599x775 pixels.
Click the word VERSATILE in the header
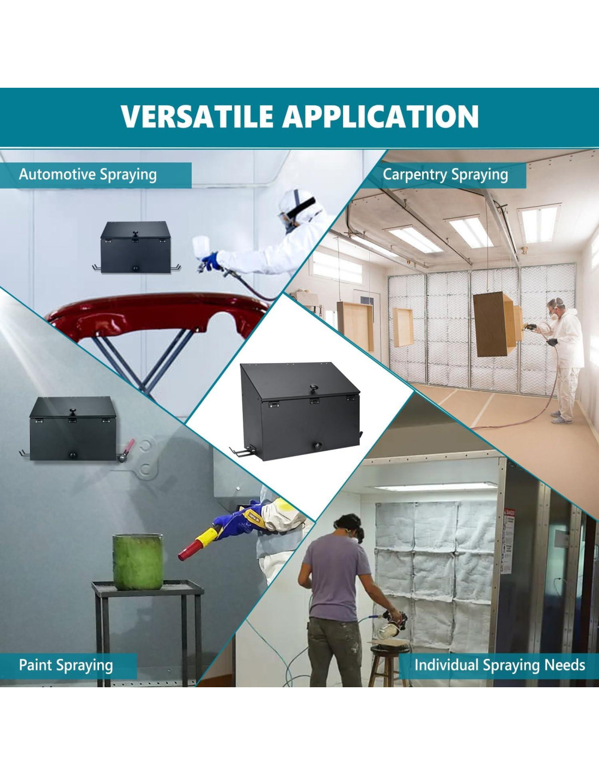click(x=197, y=116)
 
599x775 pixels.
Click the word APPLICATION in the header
click(x=381, y=116)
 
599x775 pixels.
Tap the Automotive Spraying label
click(x=88, y=175)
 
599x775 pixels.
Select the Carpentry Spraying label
click(x=445, y=175)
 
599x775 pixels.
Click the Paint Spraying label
click(x=66, y=665)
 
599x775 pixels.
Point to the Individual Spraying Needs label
click(x=499, y=665)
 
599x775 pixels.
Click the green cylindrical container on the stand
click(x=138, y=562)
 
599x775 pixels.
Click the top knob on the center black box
click(x=314, y=388)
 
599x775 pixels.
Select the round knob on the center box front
click(x=317, y=446)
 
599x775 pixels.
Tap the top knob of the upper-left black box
click(x=136, y=234)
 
